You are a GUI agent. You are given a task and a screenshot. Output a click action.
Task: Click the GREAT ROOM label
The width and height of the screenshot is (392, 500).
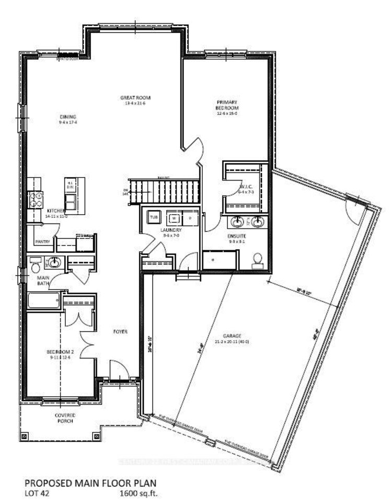click(128, 97)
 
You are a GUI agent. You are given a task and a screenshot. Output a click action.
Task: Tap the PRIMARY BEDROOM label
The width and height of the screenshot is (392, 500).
click(227, 105)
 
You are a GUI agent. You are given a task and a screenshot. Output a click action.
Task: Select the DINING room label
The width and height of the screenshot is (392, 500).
click(68, 117)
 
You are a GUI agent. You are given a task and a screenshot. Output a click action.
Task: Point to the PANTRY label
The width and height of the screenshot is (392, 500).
click(42, 241)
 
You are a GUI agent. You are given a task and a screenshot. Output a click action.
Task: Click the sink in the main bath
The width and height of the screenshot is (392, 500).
click(54, 261)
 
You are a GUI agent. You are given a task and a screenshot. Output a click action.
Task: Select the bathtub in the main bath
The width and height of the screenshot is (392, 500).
click(43, 301)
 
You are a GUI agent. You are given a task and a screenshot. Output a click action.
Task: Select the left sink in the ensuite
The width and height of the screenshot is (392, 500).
click(238, 222)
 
